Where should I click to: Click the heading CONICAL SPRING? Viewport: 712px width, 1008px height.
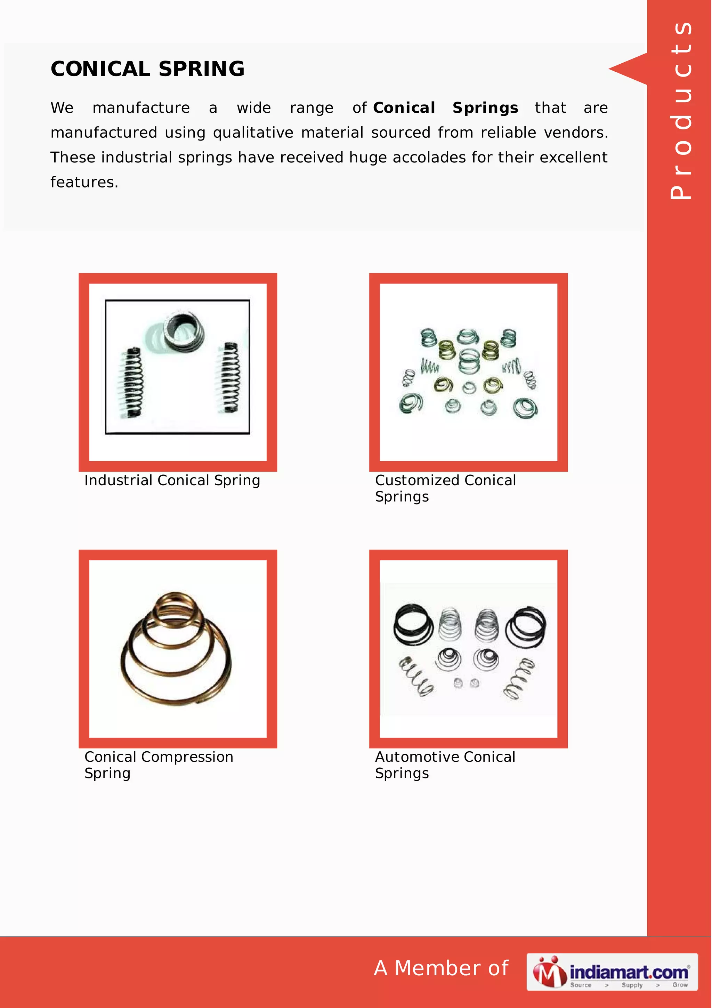click(x=147, y=69)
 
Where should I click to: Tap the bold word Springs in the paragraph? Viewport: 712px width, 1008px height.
click(x=485, y=108)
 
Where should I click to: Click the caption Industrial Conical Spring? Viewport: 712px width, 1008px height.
click(x=172, y=481)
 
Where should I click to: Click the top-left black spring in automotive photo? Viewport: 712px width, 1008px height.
click(x=413, y=624)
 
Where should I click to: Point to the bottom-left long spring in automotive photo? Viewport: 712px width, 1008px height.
click(x=416, y=677)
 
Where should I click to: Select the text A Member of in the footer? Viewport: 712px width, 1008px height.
click(x=441, y=968)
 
